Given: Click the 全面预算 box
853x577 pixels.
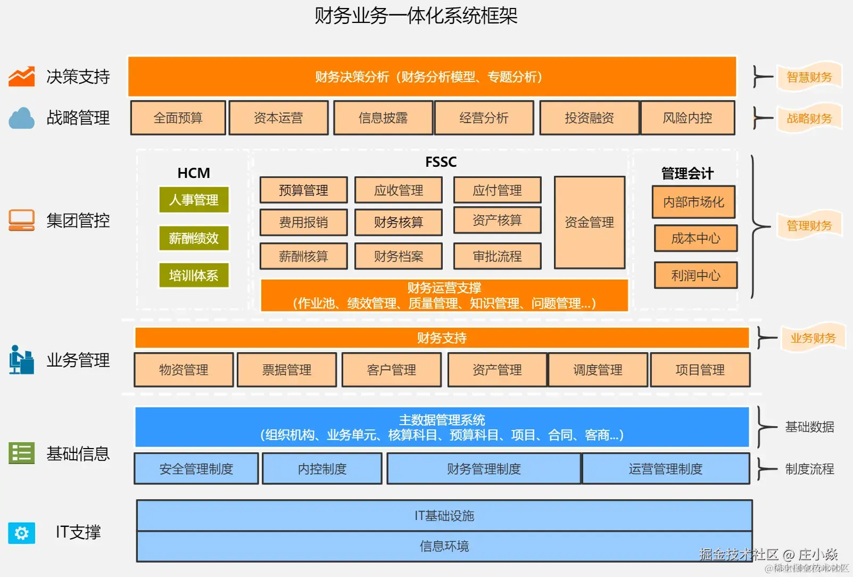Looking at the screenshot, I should coord(178,118).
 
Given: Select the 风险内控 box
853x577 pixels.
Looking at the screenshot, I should coord(688,118).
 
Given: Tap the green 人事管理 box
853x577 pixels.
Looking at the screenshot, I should coord(194,200).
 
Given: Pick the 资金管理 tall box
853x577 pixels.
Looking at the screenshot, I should coord(589,222).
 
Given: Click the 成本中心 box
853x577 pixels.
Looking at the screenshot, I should coord(695,238).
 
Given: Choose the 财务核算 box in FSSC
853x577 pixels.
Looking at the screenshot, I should coord(399,222).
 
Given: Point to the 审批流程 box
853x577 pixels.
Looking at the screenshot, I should coord(497,256).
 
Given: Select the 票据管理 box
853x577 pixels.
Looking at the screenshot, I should coord(287,370).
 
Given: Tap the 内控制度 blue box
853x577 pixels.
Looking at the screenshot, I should coord(322,469).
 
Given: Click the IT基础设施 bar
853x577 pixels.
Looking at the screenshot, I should coord(444,515).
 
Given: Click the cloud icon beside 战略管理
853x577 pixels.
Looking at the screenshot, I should coord(22,118).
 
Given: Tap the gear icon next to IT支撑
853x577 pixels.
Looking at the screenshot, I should coord(22,533).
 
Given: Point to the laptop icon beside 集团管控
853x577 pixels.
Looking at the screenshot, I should coord(22,220).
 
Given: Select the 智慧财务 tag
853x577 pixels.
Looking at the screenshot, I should coord(809,77).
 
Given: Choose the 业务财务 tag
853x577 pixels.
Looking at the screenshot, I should coord(813,338).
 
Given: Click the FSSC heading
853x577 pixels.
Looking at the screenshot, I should coord(441,162).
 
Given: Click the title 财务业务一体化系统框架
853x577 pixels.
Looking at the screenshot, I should coord(416,15).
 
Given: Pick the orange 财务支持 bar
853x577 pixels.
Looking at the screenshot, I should coord(442,338).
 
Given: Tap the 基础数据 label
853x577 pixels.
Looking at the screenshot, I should coord(809,427).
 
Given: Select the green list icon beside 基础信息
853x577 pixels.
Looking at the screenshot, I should coord(22,453).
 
